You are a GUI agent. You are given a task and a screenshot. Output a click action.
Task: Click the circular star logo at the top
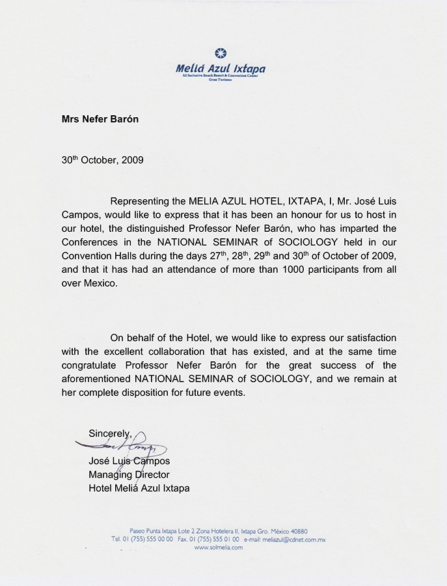pos(221,53)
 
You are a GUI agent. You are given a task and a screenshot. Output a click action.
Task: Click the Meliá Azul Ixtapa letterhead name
pos(221,68)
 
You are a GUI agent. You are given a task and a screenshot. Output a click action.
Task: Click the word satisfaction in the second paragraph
pos(367,338)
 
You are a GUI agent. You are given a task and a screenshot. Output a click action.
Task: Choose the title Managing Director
pos(129,474)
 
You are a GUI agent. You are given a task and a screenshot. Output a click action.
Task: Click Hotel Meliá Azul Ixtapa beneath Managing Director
pos(139,488)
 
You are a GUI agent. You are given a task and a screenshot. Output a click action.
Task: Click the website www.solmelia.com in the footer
pos(219,548)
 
